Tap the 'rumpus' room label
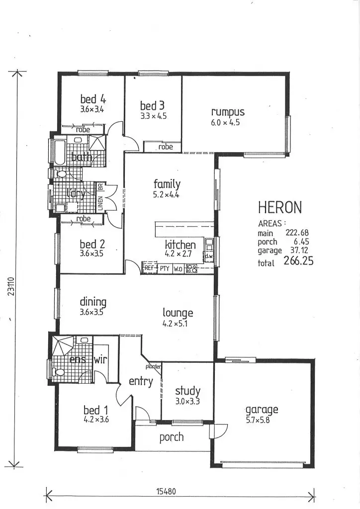pyautogui.click(x=227, y=113)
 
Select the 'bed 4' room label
pyautogui.click(x=93, y=99)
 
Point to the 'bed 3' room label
pyautogui.click(x=152, y=106)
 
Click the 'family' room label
pyautogui.click(x=167, y=185)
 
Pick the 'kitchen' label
pyautogui.click(x=180, y=245)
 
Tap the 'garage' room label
pyautogui.click(x=262, y=410)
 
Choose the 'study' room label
pyautogui.click(x=187, y=391)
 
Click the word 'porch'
pyautogui.click(x=171, y=437)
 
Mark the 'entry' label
pyautogui.click(x=141, y=382)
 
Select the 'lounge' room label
pyautogui.click(x=178, y=313)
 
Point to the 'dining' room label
pyautogui.click(x=93, y=302)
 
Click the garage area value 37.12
pyautogui.click(x=299, y=251)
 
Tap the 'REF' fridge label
pyautogui.click(x=149, y=268)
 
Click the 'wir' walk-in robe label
pyautogui.click(x=100, y=359)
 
